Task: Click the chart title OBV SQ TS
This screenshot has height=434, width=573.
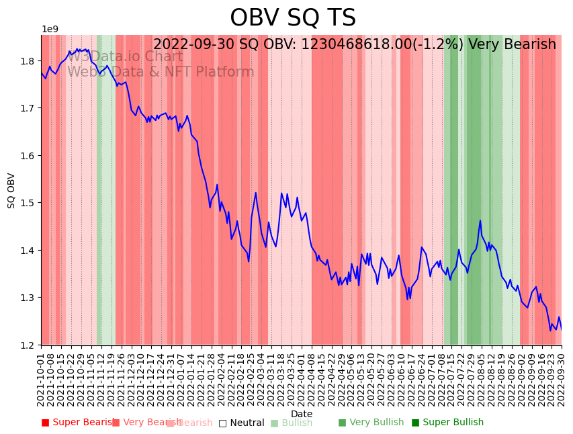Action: tap(293, 18)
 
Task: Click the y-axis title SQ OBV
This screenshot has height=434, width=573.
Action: tap(11, 190)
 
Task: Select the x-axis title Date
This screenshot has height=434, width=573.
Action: tap(302, 414)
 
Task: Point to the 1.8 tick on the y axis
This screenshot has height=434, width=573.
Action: tap(29, 61)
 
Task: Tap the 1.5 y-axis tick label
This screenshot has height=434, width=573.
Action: tap(29, 203)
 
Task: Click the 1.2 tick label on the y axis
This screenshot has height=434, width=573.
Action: tap(29, 345)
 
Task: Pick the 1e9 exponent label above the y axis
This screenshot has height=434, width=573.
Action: tap(50, 30)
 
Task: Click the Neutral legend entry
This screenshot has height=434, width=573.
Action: tap(241, 423)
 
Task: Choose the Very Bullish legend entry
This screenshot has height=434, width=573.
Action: tap(371, 423)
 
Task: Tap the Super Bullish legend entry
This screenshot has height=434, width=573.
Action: tap(447, 423)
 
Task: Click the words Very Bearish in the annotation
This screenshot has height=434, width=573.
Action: tap(512, 45)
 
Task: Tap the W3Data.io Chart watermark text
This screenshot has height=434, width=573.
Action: tap(124, 57)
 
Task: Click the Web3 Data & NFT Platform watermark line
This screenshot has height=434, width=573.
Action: tap(161, 73)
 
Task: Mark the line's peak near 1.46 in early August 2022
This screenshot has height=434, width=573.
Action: tap(480, 220)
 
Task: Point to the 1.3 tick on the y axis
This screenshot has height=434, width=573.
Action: tap(29, 298)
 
